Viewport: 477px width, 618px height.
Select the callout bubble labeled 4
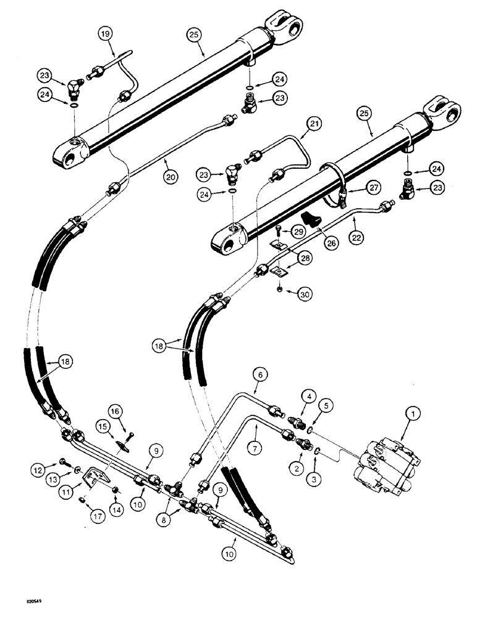pos(307,393)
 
